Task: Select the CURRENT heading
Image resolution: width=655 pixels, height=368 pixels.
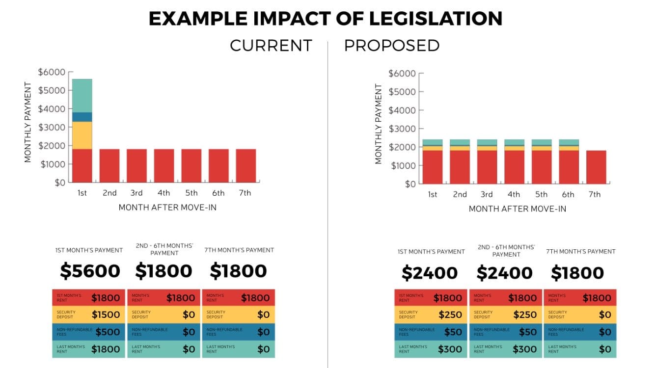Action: (271, 46)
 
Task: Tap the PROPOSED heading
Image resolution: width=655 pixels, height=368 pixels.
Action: (391, 46)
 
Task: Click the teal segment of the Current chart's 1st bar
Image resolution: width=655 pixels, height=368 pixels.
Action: (82, 95)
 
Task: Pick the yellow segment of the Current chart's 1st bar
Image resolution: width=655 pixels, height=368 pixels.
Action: (82, 135)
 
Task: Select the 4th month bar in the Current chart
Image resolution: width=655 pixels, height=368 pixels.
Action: (164, 165)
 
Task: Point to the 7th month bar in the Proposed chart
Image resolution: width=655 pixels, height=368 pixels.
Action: (596, 167)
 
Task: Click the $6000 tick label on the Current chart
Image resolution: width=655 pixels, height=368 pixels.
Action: (52, 72)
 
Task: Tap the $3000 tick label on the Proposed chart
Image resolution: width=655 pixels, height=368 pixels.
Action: (402, 129)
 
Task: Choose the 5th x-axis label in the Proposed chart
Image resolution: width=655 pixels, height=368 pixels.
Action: (541, 194)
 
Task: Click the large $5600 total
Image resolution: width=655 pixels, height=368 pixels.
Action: (90, 271)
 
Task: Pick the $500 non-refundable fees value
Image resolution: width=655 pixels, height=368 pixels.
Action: (108, 332)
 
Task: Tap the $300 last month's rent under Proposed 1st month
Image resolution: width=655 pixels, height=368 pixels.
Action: (450, 349)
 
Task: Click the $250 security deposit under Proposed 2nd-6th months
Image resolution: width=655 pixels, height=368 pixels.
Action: (524, 315)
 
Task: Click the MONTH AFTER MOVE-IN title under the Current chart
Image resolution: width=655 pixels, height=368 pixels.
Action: (167, 208)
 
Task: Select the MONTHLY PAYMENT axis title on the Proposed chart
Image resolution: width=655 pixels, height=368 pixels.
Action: (378, 124)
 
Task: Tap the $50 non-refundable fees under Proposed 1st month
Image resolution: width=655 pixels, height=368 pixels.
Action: (453, 332)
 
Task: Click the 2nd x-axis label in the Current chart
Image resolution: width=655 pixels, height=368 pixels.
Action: (109, 193)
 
